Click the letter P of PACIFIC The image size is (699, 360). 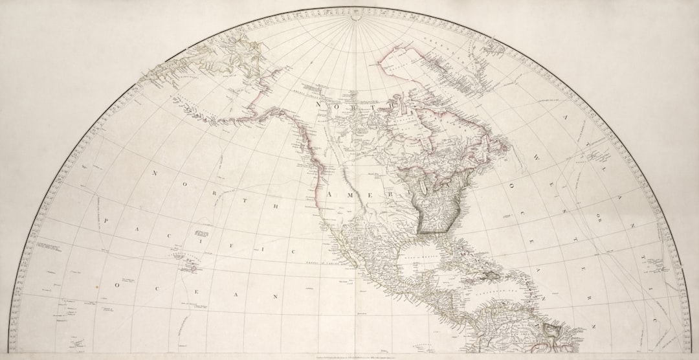106,221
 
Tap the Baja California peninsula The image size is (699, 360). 337,249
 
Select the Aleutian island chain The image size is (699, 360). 194,110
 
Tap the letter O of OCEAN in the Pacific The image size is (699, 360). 117,284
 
